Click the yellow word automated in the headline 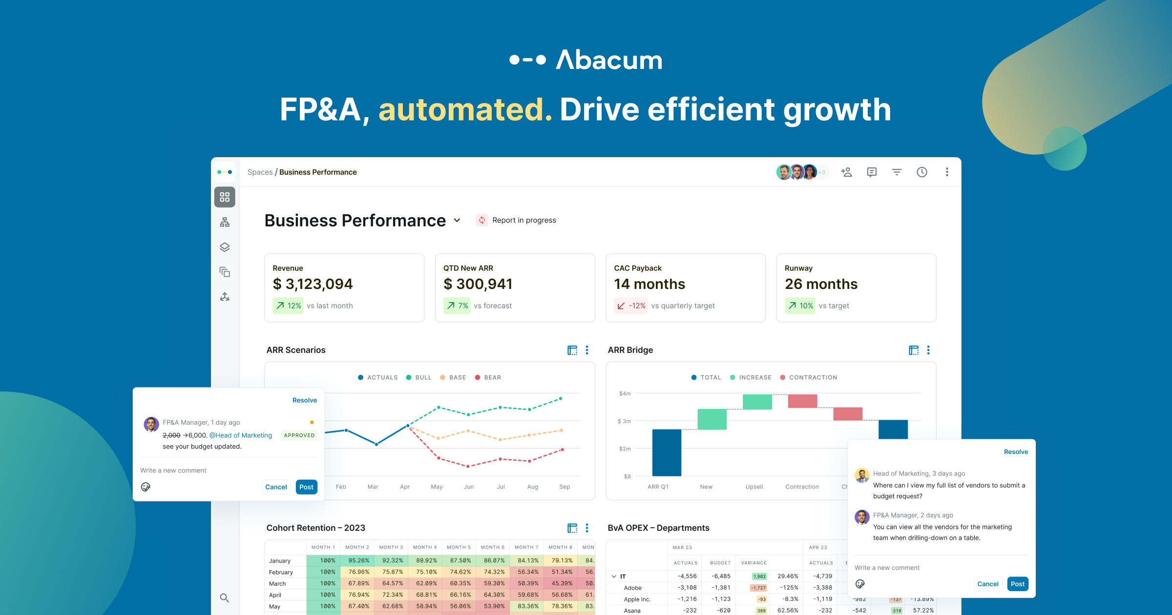(465, 109)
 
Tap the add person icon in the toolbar (846, 172)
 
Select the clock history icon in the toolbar (921, 172)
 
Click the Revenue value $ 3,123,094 (313, 284)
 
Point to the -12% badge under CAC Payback (631, 306)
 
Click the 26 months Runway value (821, 284)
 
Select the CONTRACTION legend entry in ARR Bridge (809, 377)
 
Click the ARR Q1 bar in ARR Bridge (667, 452)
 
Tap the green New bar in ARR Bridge (712, 419)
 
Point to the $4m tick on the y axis (625, 393)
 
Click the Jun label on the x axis (469, 487)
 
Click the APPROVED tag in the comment (299, 435)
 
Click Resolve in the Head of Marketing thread (1016, 452)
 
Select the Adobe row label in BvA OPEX (633, 588)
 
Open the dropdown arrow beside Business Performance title (457, 220)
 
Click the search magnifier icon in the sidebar (225, 598)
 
